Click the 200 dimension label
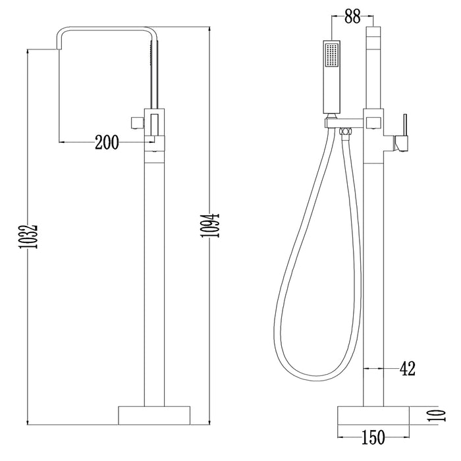pos(107,143)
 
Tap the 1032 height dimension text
pos(28,237)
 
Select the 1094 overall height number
pos(210,225)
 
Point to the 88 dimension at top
pos(352,16)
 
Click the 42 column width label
pos(408,368)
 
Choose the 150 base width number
pos(373,437)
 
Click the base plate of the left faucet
pos(154,416)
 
